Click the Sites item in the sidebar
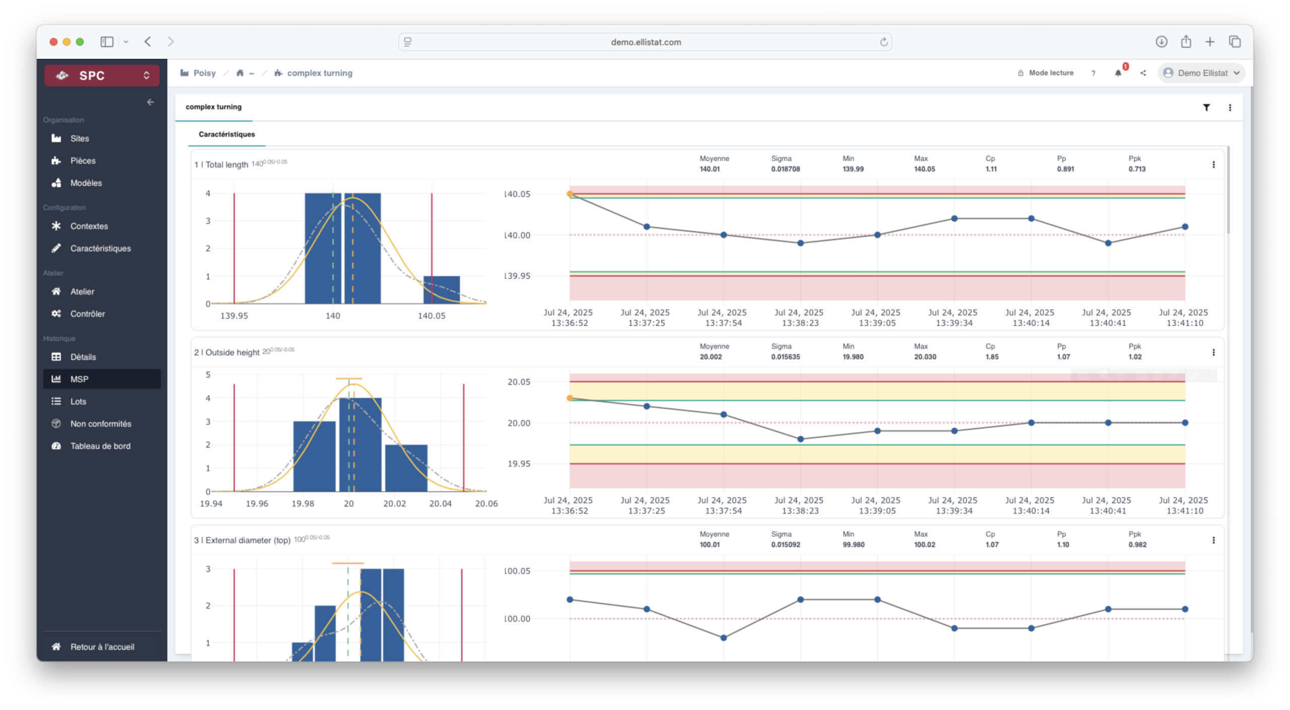(x=79, y=139)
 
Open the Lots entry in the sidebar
(x=78, y=402)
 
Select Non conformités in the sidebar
(x=100, y=424)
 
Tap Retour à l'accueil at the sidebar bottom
(x=102, y=647)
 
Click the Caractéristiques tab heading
(x=227, y=135)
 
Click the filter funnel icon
(x=1206, y=107)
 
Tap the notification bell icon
(x=1118, y=73)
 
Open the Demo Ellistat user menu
(x=1202, y=73)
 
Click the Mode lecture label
(x=1051, y=73)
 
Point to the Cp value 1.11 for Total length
(x=991, y=169)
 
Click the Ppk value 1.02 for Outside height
(x=1135, y=357)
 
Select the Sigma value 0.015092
(x=785, y=545)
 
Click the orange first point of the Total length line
(x=570, y=194)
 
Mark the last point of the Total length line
(x=1185, y=227)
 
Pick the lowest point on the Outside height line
(x=800, y=439)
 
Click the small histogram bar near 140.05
(x=441, y=290)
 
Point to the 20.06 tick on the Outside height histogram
(x=486, y=503)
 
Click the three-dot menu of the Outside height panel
(x=1213, y=352)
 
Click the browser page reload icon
(x=883, y=42)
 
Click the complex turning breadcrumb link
(x=319, y=73)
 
